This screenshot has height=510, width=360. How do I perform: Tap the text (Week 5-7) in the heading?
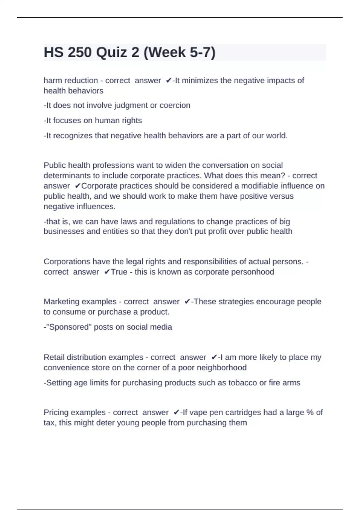click(x=179, y=52)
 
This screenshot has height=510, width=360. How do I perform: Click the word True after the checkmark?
click(x=119, y=272)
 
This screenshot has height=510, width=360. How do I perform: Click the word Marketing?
click(x=61, y=301)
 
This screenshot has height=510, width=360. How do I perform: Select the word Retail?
click(x=54, y=357)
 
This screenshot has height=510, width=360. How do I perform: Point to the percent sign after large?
click(x=310, y=412)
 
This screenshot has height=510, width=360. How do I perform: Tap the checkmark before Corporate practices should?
click(x=78, y=186)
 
